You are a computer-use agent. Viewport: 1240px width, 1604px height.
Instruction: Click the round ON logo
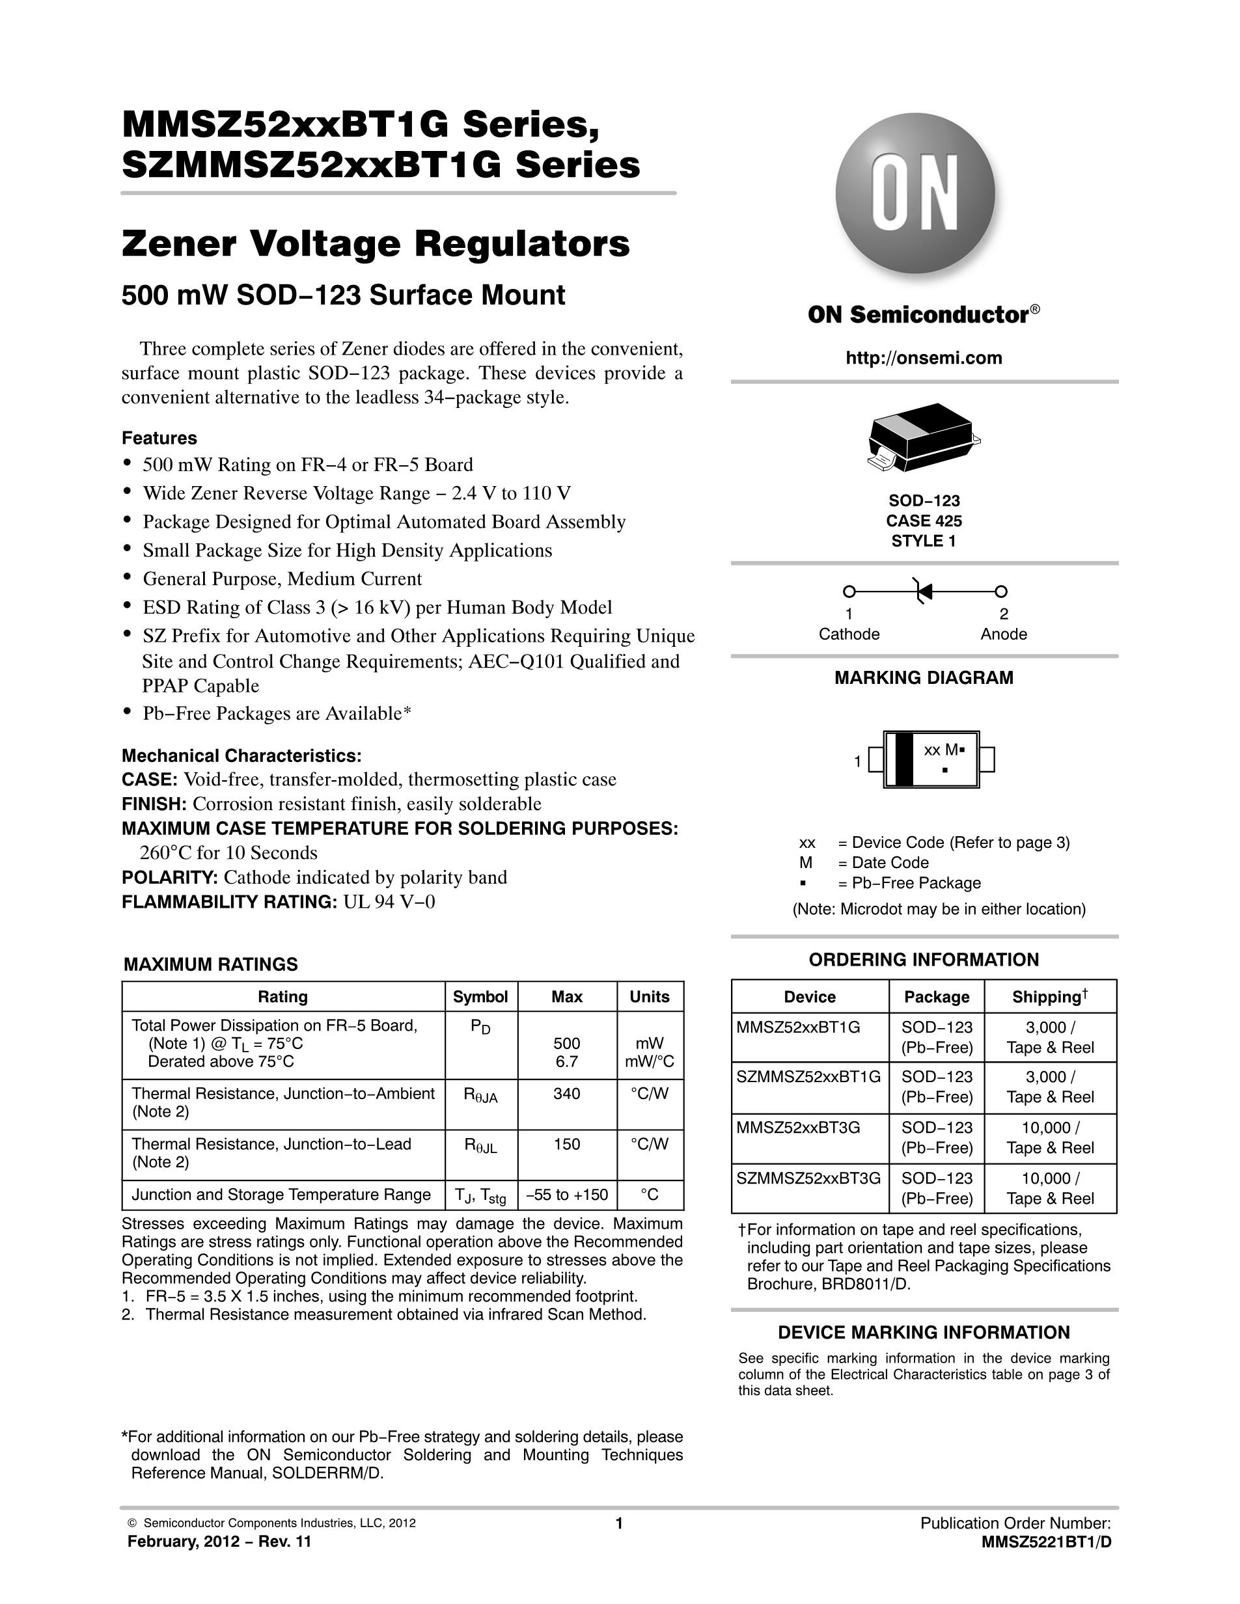[x=915, y=193]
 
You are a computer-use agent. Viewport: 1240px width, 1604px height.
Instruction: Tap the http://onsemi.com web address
[x=924, y=358]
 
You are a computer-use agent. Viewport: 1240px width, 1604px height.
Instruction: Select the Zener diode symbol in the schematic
[x=924, y=591]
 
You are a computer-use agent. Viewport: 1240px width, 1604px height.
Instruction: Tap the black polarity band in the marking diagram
[x=903, y=759]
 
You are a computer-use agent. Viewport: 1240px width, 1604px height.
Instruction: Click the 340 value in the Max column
[x=566, y=1094]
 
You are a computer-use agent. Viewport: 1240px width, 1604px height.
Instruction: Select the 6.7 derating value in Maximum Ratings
[x=566, y=1061]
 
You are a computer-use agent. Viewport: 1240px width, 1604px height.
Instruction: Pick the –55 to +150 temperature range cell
[x=566, y=1195]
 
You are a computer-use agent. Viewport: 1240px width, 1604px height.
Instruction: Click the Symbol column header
[x=480, y=997]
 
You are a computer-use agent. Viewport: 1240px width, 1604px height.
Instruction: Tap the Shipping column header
[x=1049, y=997]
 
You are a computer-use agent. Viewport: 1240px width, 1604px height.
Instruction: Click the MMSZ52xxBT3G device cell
[x=798, y=1127]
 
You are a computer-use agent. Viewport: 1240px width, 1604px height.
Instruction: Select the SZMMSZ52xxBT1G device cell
[x=808, y=1077]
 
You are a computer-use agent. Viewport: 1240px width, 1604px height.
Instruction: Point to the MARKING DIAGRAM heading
[x=924, y=678]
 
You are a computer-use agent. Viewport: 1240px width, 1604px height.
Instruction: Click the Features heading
[x=159, y=439]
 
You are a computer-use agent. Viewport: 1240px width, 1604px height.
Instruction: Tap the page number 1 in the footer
[x=618, y=1523]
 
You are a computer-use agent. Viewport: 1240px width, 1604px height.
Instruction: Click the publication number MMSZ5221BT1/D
[x=1046, y=1542]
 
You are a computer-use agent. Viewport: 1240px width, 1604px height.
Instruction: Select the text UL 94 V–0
[x=389, y=902]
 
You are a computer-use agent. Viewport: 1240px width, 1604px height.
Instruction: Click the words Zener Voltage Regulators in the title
[x=376, y=245]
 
